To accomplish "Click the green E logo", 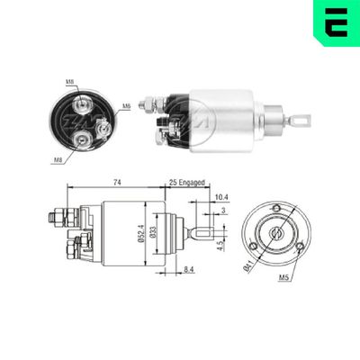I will pos(335,23).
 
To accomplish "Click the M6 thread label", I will pos(128,106).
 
